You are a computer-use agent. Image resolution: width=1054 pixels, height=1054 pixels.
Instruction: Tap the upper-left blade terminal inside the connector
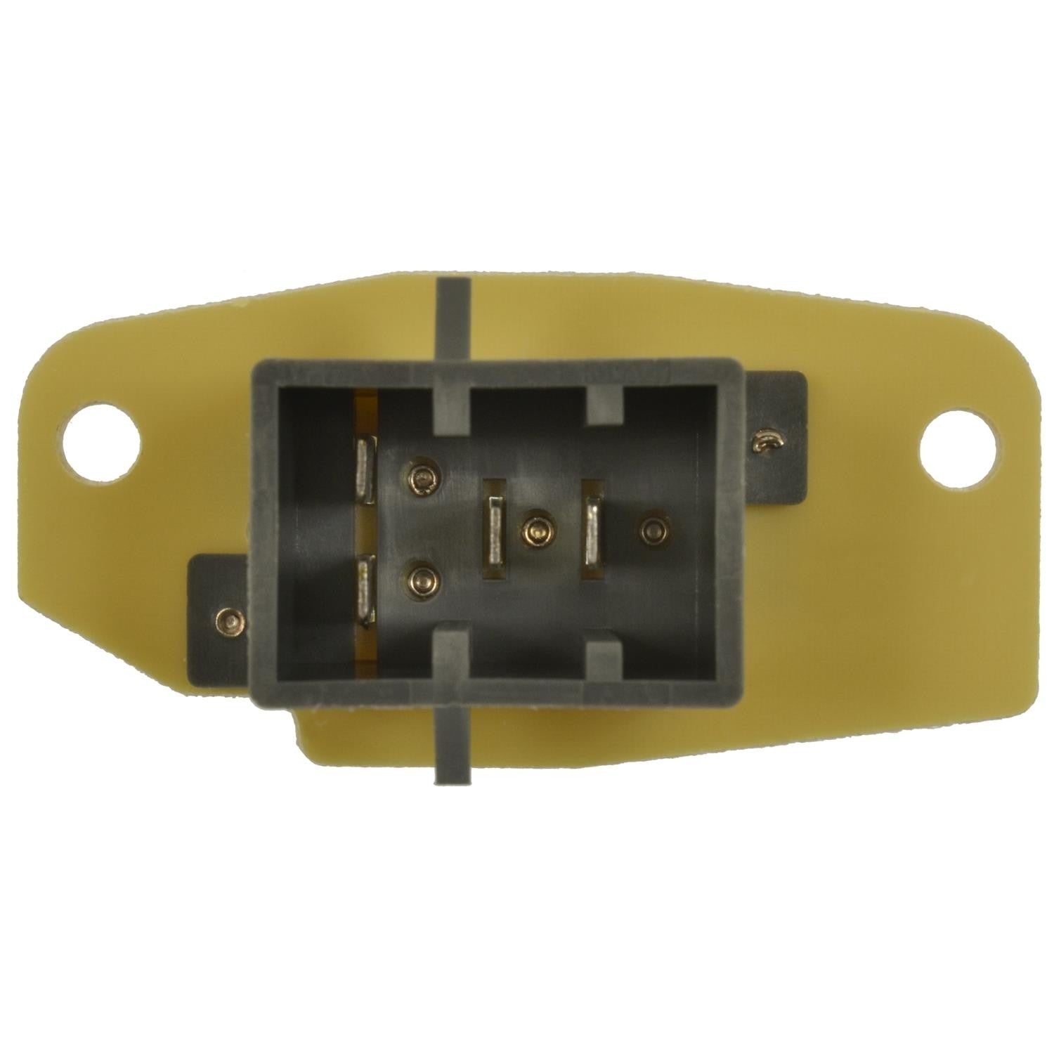(x=366, y=469)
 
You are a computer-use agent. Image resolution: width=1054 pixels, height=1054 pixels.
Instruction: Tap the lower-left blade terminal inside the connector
(x=366, y=589)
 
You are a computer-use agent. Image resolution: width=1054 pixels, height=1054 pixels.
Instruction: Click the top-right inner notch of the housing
(x=604, y=406)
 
